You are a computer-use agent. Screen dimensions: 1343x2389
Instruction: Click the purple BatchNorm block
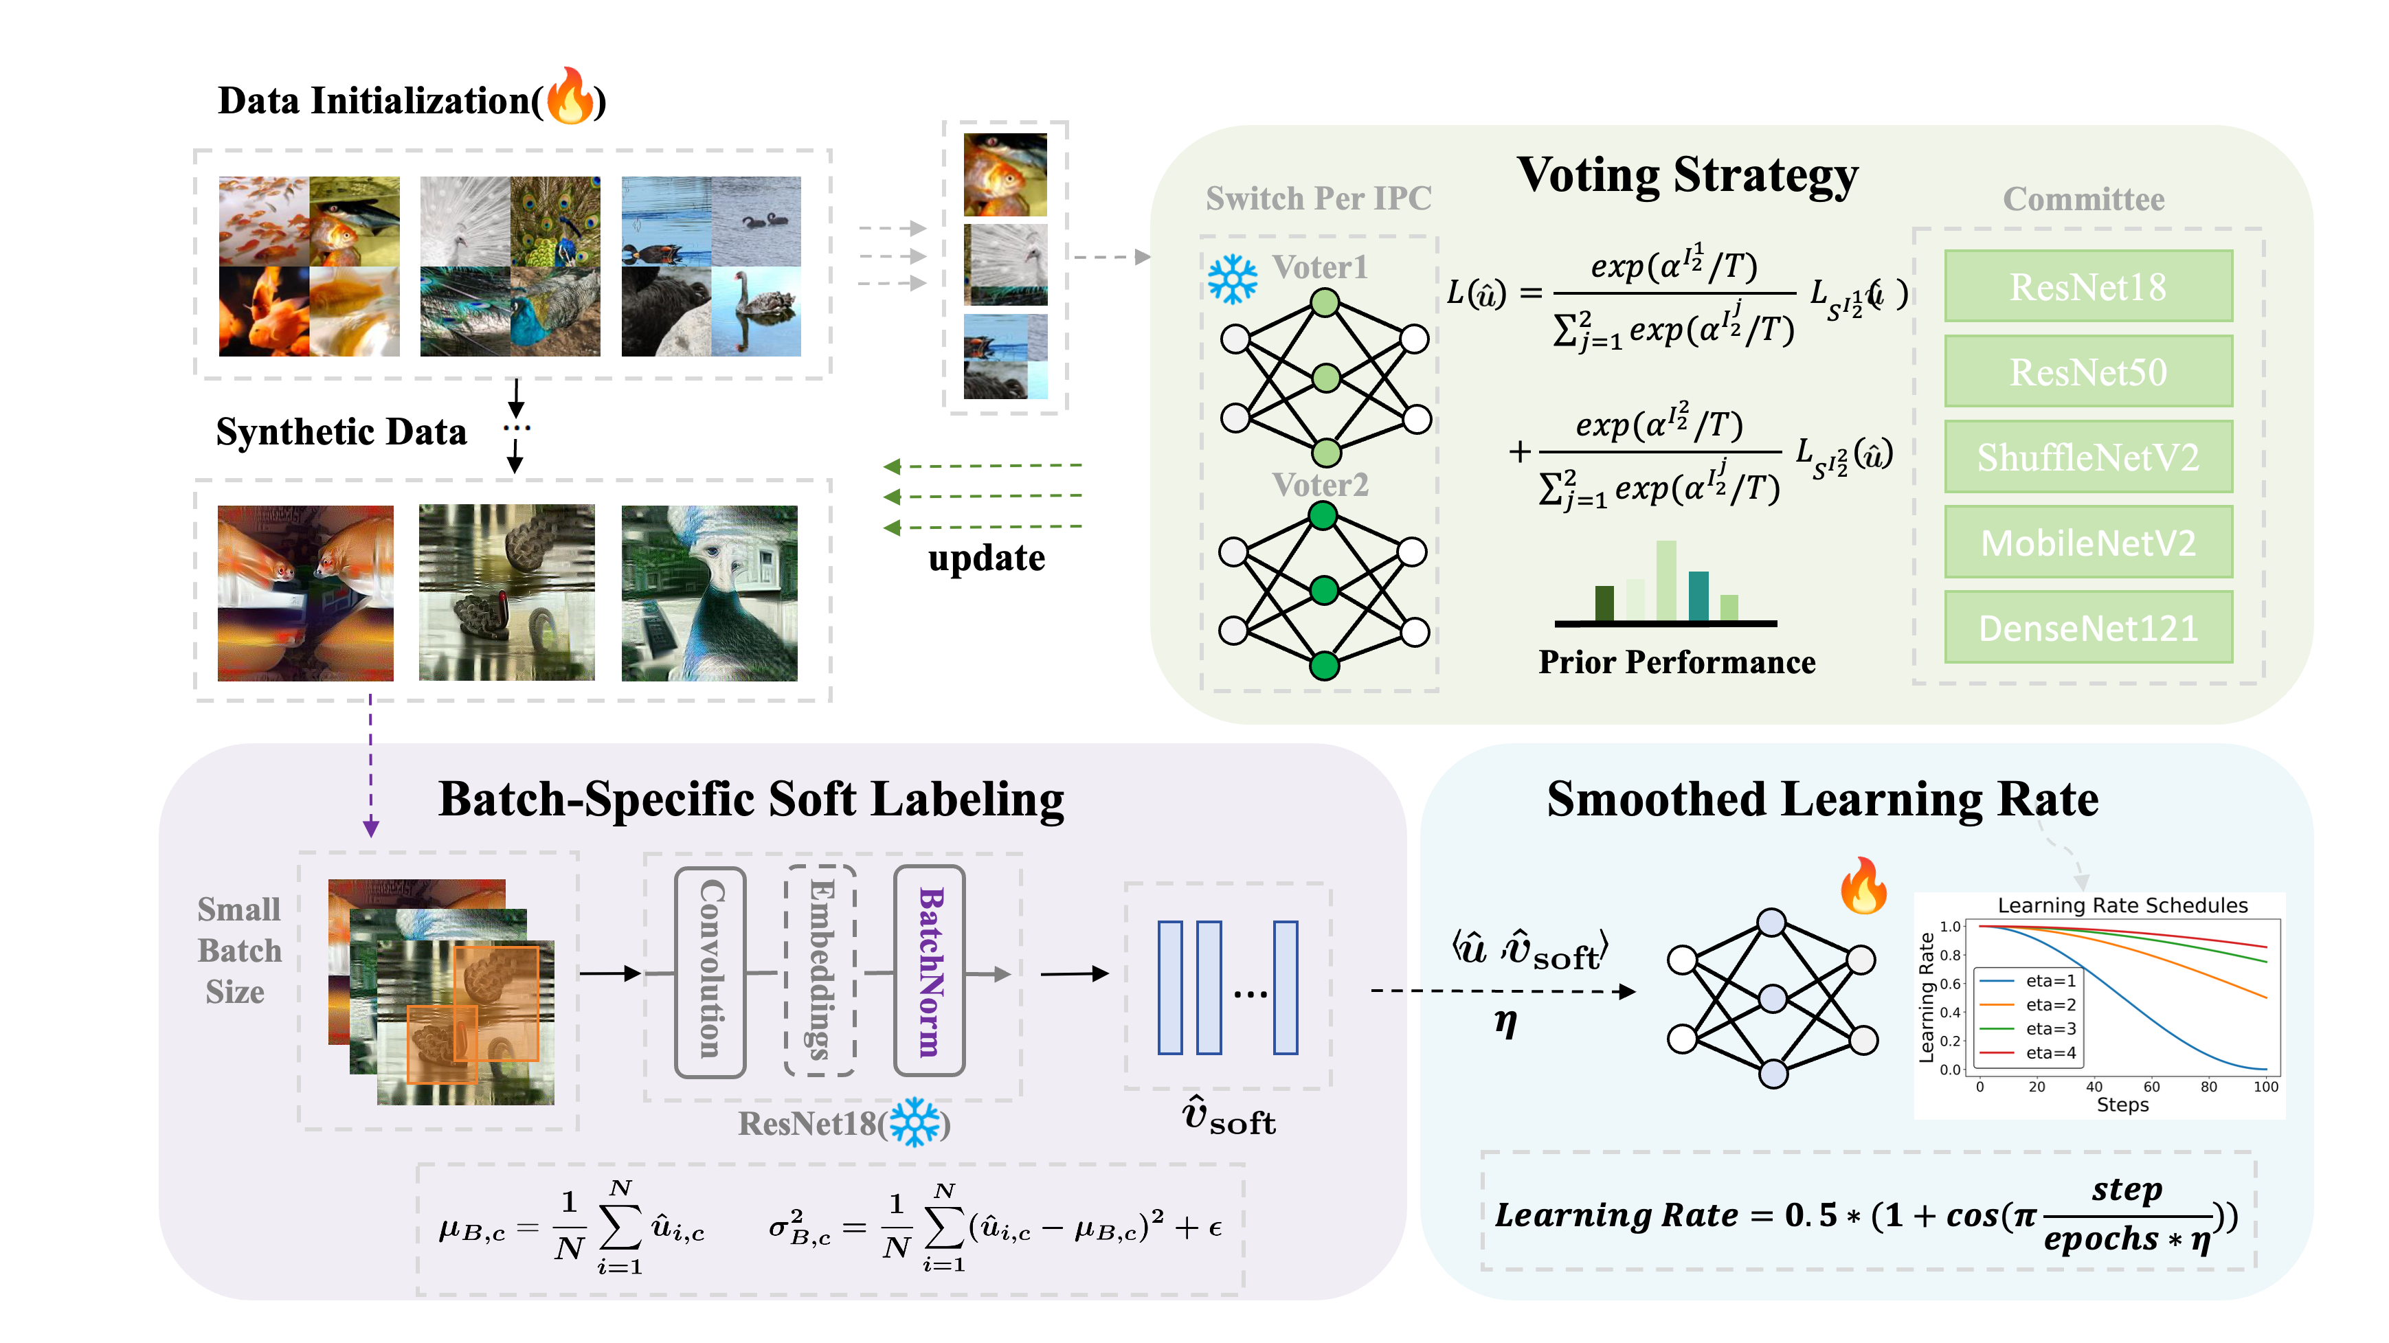coord(929,972)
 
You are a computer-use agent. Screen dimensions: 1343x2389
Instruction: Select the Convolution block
coord(710,972)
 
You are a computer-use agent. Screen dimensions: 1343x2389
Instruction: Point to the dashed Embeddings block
coord(820,972)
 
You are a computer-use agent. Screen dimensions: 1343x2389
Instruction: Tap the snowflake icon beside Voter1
coord(1233,278)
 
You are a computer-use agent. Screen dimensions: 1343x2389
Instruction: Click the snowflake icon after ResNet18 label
coord(915,1123)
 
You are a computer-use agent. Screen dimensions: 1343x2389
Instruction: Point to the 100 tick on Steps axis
coord(2265,1087)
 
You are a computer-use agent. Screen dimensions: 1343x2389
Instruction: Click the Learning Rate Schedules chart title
coord(2122,905)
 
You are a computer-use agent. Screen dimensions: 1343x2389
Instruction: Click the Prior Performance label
coord(1676,662)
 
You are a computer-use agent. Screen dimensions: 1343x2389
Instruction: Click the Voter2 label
coord(1320,485)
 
